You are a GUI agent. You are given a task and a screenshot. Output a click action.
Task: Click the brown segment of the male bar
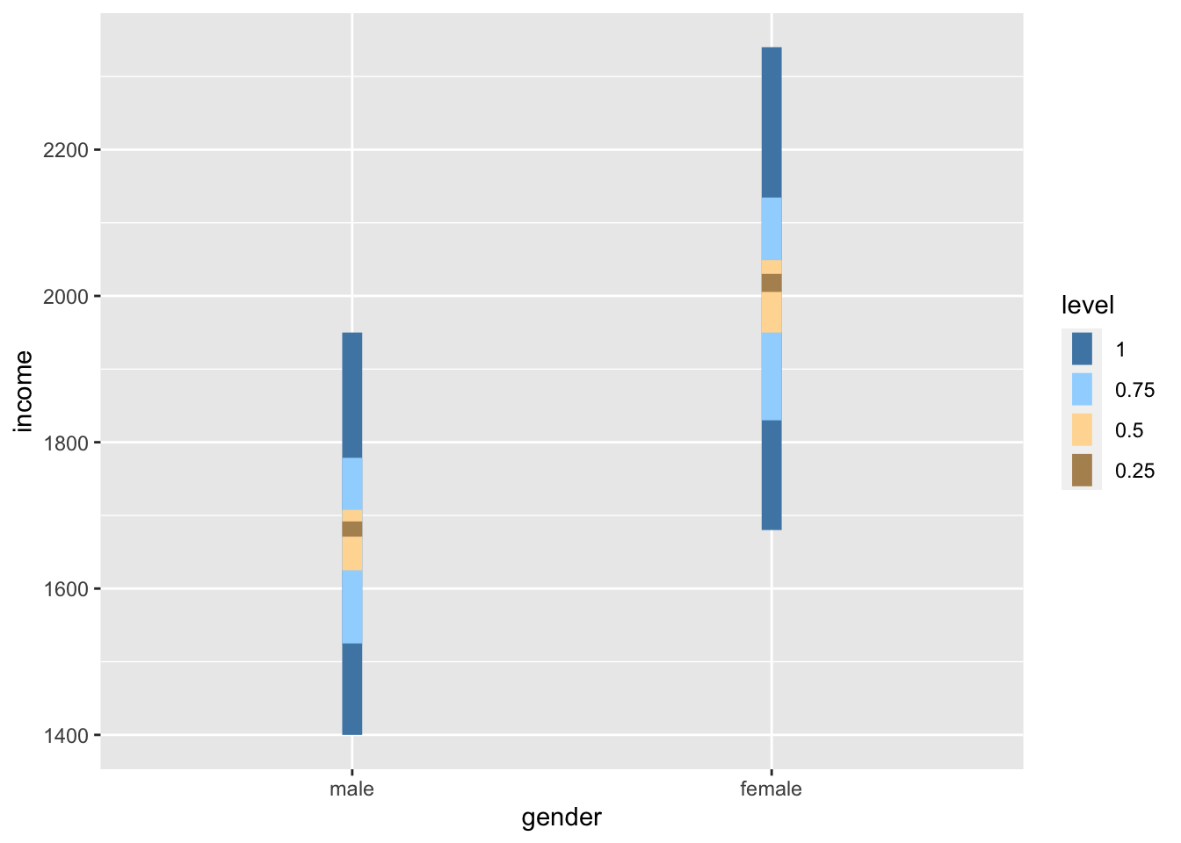click(351, 529)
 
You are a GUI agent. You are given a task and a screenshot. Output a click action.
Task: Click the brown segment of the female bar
click(772, 283)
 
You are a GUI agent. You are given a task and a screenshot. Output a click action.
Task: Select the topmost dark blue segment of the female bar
click(772, 122)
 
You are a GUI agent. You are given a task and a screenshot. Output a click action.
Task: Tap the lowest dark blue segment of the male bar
click(351, 688)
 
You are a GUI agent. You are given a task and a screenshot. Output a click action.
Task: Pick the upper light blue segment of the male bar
click(351, 484)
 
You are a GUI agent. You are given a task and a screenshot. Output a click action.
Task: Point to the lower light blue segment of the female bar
click(772, 376)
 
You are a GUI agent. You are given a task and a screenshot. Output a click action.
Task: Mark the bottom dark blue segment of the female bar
click(772, 475)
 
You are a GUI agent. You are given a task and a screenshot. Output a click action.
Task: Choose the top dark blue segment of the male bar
click(351, 395)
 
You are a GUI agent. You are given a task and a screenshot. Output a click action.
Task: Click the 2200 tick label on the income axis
click(65, 150)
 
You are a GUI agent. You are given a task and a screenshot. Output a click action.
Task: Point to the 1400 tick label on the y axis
click(65, 736)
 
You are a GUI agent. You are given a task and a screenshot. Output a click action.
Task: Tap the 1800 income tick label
click(65, 443)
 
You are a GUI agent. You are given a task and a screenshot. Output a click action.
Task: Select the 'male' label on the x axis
click(351, 789)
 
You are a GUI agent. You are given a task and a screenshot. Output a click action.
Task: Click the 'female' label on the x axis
click(772, 789)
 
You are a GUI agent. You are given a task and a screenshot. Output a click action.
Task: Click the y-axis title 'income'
click(24, 392)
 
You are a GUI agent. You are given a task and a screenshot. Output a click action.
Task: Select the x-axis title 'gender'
click(562, 818)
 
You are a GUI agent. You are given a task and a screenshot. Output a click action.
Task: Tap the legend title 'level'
click(1088, 306)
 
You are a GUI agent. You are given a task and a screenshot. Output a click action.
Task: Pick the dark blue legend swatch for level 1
click(1082, 349)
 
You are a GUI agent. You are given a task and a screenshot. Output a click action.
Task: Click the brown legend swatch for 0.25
click(1082, 471)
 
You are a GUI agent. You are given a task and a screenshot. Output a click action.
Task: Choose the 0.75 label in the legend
click(1134, 390)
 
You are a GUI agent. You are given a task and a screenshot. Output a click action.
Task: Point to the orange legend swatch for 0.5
click(1082, 430)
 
